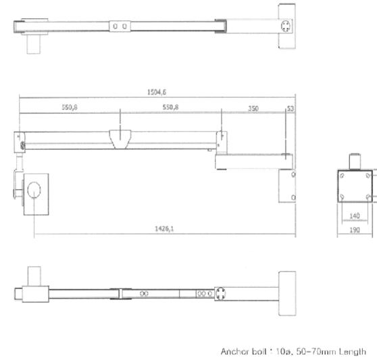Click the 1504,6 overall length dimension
click(157, 92)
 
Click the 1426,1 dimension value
click(164, 228)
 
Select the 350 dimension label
click(253, 108)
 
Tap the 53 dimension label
click(291, 108)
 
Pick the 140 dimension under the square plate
click(355, 216)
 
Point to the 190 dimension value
click(355, 230)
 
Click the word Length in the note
click(353, 352)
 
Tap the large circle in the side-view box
click(34, 190)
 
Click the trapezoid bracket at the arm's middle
click(120, 139)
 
